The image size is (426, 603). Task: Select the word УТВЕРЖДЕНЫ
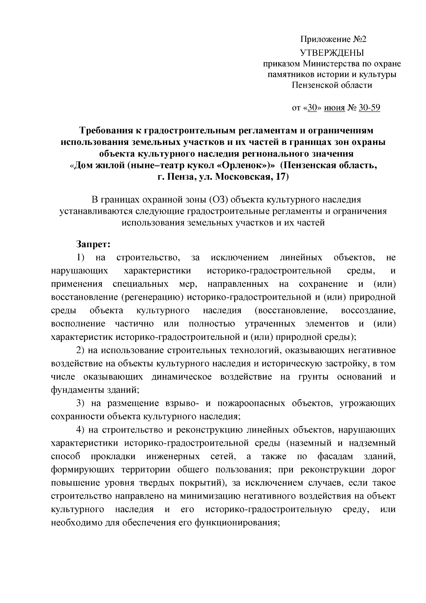click(332, 53)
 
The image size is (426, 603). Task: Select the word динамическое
click(181, 377)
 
